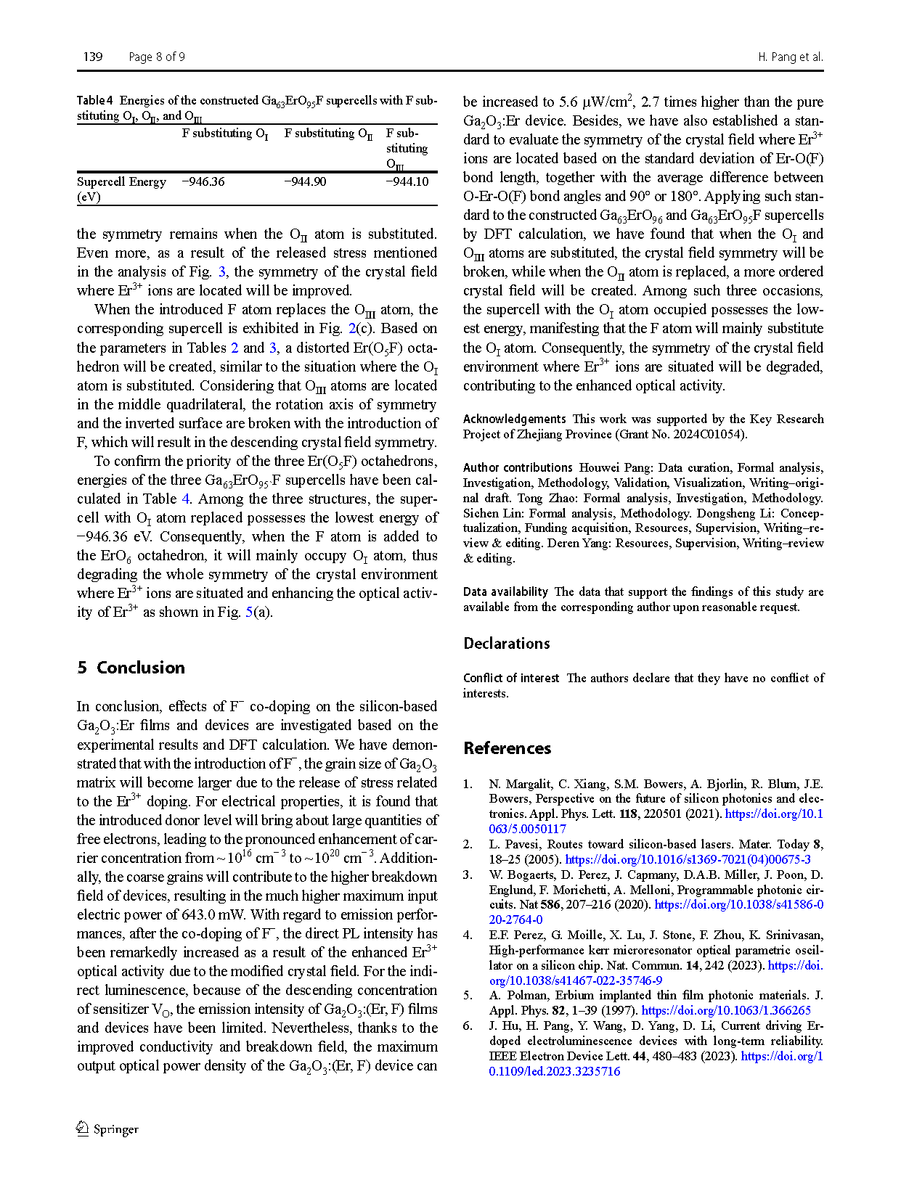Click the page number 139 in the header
coord(93,57)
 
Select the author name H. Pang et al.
coord(790,57)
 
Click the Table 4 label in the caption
coord(95,100)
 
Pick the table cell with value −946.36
coord(203,181)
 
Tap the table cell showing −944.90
coord(306,181)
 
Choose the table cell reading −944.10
coord(407,181)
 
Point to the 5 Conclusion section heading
coord(131,668)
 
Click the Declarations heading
coord(507,644)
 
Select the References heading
coord(507,748)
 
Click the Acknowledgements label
coord(514,419)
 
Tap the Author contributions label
coord(518,467)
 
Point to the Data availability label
coord(505,591)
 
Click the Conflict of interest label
coord(511,678)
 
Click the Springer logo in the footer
coord(107,1129)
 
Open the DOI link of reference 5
coord(726,1010)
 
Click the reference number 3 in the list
coord(468,875)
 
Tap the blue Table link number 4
coord(186,499)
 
